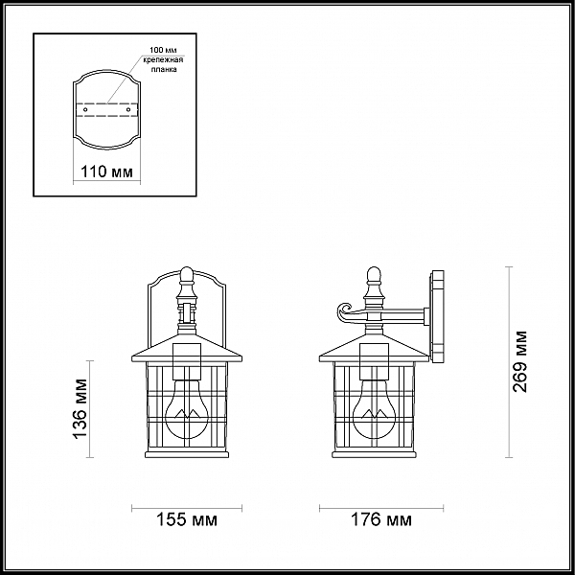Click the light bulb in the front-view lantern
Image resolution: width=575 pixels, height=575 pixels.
pyautogui.click(x=187, y=408)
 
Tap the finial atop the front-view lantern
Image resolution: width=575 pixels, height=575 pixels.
pyautogui.click(x=188, y=278)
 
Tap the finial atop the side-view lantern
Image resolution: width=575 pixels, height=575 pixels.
pyautogui.click(x=373, y=278)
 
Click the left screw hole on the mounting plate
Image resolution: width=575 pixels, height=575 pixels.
pyautogui.click(x=85, y=110)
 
